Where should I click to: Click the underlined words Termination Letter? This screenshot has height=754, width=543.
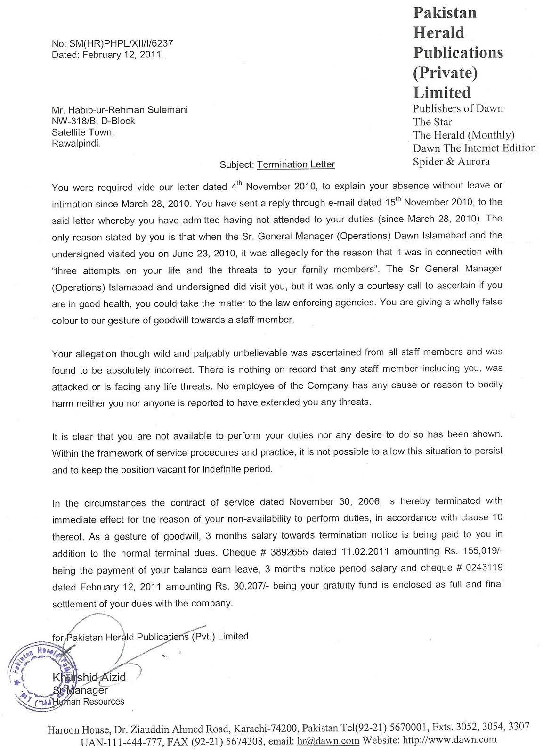pyautogui.click(x=296, y=164)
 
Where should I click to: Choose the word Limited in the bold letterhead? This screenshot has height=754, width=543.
pyautogui.click(x=442, y=92)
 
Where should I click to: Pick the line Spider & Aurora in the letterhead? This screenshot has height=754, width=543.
pyautogui.click(x=451, y=162)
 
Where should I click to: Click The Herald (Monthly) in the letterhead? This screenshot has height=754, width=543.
pyautogui.click(x=463, y=135)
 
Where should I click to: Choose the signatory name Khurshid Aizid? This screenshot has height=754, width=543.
pyautogui.click(x=89, y=677)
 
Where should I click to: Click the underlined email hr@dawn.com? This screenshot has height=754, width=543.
pyautogui.click(x=328, y=740)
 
